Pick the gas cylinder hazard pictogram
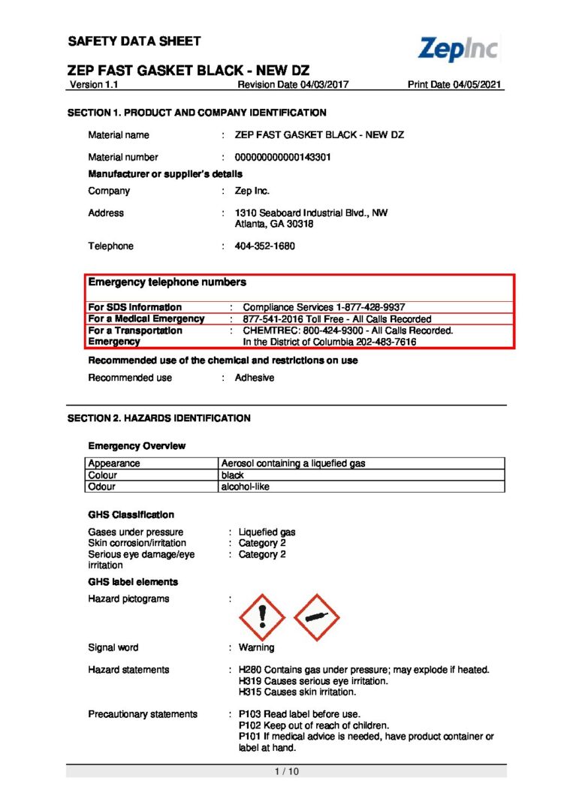[x=316, y=617]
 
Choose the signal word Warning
[x=256, y=647]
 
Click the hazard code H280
[x=249, y=670]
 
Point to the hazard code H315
[x=249, y=692]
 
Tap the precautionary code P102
[x=249, y=725]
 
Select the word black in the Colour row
[x=233, y=475]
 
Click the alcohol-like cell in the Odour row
[x=245, y=487]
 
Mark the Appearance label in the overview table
[x=114, y=463]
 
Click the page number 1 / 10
[x=285, y=771]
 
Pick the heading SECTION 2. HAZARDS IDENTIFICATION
[x=159, y=418]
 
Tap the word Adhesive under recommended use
[x=255, y=378]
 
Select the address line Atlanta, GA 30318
[x=274, y=224]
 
